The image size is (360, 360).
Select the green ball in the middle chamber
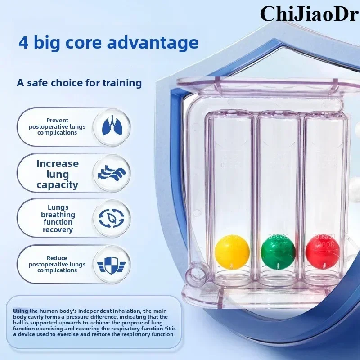(278, 251)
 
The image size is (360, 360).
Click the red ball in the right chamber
(322, 251)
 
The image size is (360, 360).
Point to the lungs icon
(112, 126)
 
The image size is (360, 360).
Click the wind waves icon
(112, 173)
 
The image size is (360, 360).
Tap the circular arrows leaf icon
(112, 218)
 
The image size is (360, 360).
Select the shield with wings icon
(112, 264)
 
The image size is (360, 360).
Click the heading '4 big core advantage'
(108, 43)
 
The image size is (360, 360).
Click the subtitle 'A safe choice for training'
(79, 83)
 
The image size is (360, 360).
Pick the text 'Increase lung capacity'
(58, 174)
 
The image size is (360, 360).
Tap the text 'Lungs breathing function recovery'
(58, 219)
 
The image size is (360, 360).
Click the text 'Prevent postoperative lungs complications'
(57, 126)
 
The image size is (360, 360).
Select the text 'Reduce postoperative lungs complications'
(57, 264)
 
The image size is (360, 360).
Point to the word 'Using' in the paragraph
(20, 311)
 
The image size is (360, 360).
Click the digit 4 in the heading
(23, 43)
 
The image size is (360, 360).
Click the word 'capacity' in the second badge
(58, 185)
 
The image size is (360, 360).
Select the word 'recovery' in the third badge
(58, 230)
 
